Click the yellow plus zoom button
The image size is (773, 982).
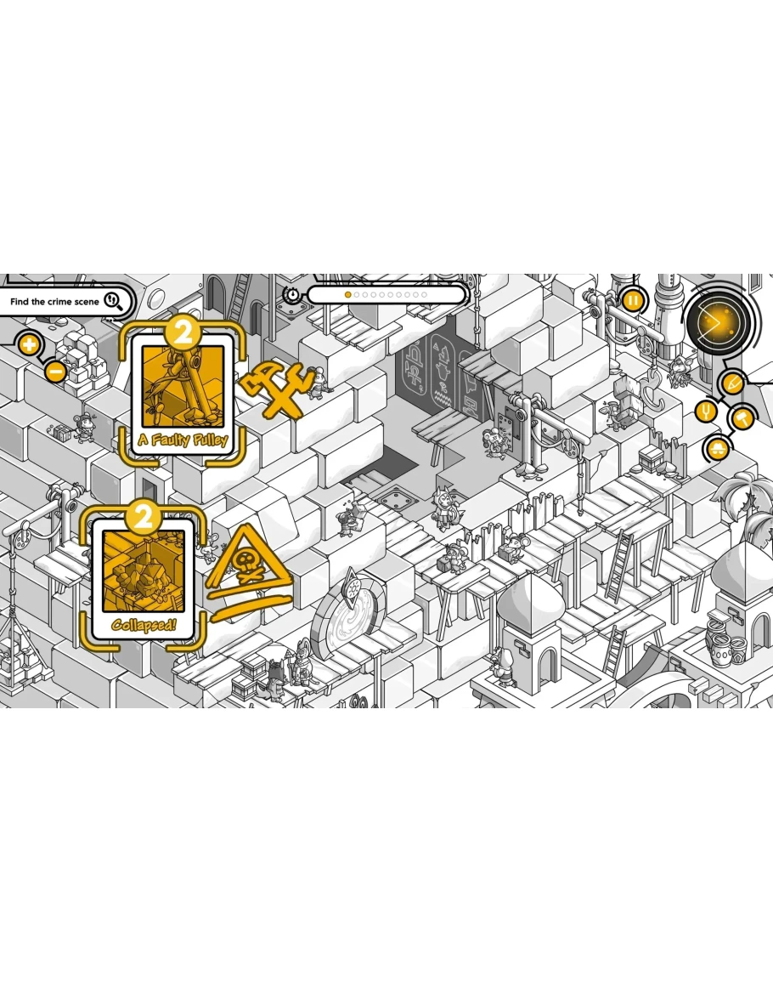click(29, 344)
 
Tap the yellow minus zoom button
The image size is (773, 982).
click(56, 372)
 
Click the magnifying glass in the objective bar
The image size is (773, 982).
click(113, 301)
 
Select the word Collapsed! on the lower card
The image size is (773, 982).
click(144, 624)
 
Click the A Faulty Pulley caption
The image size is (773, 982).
click(183, 439)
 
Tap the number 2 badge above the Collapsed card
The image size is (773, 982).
click(144, 517)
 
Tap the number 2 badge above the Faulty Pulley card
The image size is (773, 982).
click(183, 332)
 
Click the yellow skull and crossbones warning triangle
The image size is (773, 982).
click(249, 571)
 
